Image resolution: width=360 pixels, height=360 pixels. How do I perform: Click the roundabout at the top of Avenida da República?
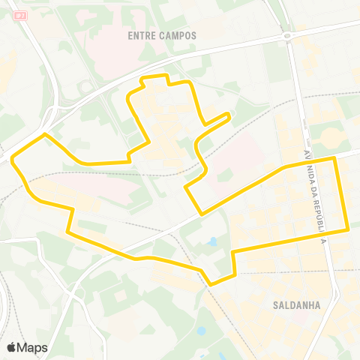coord(286,36)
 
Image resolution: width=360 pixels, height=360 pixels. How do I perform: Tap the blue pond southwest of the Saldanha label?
coord(200,330)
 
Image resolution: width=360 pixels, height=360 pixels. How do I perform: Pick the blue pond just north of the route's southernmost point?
coord(214,242)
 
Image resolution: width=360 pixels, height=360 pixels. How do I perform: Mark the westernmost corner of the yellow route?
coord(13,158)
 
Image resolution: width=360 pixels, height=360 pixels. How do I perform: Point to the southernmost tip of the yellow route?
coord(211,284)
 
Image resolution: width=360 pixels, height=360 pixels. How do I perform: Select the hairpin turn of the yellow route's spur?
coord(228,115)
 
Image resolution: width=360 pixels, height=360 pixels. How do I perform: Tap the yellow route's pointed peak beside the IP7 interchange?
coord(46,134)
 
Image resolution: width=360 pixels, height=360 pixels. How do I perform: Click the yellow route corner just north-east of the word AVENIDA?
coord(334,158)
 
